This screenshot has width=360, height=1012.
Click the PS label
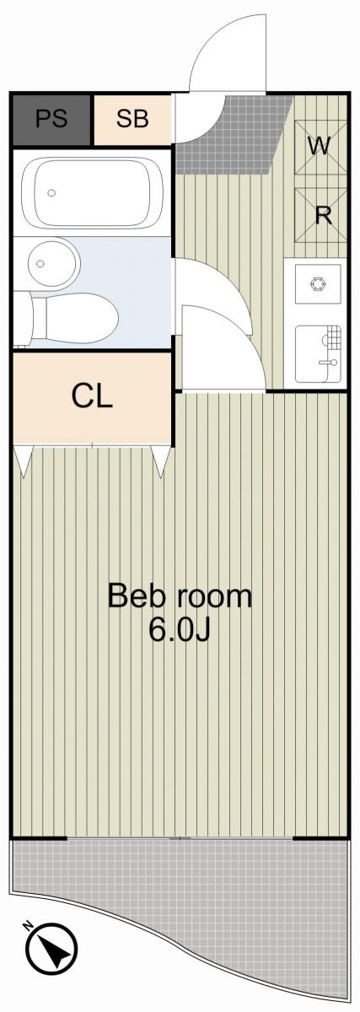[x=51, y=119]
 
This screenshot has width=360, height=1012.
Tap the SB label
[x=132, y=119]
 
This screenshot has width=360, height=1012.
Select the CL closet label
[x=92, y=396]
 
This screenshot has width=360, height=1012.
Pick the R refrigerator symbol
[x=320, y=215]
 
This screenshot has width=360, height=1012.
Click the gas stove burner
[x=318, y=283]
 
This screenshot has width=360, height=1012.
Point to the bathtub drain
[x=51, y=193]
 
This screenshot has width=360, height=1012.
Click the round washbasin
[x=53, y=263]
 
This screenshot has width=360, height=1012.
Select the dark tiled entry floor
[x=235, y=136]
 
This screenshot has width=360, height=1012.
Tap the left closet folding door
[x=23, y=460]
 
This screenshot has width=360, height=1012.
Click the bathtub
[x=92, y=193]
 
